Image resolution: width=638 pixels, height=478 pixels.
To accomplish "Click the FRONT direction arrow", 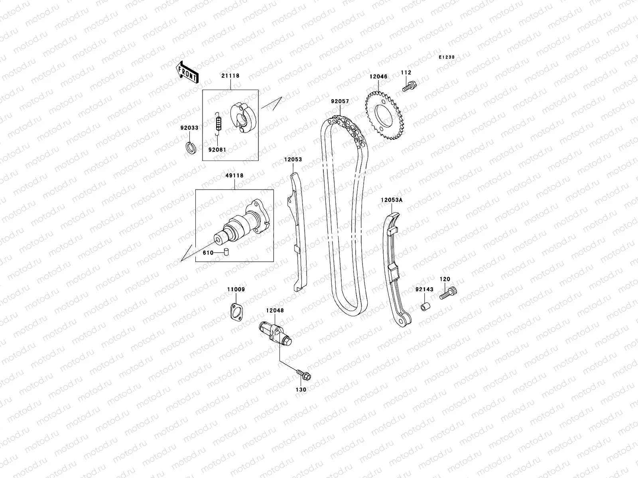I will (187, 73).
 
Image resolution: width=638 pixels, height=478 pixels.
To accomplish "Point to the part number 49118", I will (235, 175).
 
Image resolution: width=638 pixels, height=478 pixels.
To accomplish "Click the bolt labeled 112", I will (409, 86).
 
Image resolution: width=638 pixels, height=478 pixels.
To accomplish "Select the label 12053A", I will (391, 200).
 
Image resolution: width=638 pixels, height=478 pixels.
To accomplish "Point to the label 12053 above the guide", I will (293, 159).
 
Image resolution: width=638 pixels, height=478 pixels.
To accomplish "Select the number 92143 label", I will (424, 290).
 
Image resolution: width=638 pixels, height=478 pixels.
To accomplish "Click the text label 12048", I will (275, 310).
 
